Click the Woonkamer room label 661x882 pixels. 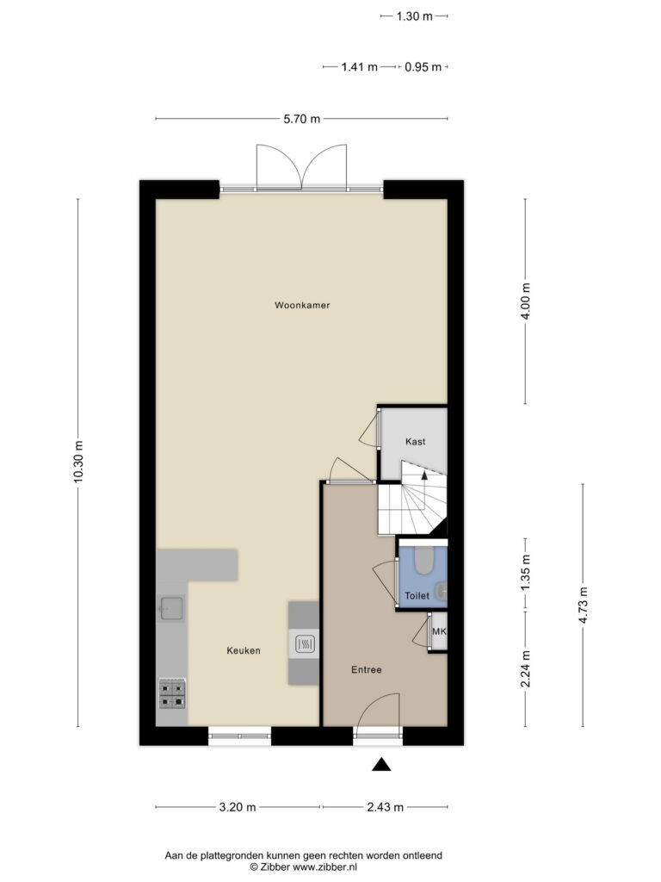302,306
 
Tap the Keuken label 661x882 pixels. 244,651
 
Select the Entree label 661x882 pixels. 367,670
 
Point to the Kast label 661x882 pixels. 416,442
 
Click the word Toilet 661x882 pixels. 417,596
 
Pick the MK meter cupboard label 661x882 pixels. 439,631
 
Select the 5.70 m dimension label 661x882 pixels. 302,119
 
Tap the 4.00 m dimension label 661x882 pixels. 526,301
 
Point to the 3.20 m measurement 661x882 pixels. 238,807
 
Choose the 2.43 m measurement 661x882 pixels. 385,807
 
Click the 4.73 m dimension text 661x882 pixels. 583,606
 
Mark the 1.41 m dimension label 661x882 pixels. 359,67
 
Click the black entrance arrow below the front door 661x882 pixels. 381,764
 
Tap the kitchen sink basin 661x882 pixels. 171,607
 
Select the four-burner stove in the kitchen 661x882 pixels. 172,693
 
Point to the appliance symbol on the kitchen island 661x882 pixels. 304,644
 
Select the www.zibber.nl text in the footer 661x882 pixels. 324,867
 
